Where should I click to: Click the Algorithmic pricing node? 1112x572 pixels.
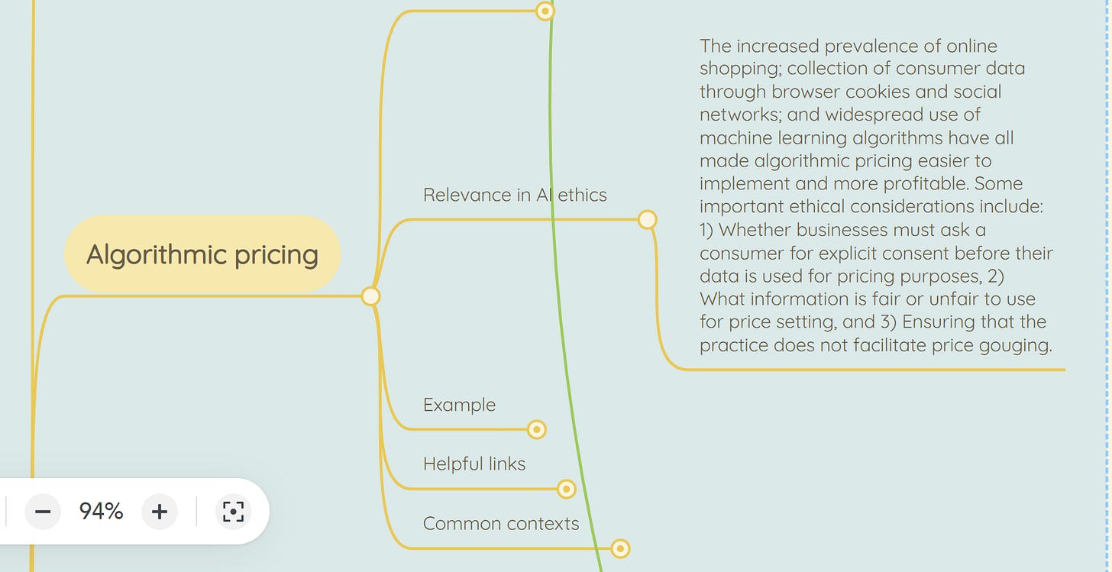pyautogui.click(x=202, y=254)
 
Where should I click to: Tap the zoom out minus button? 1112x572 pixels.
pyautogui.click(x=43, y=511)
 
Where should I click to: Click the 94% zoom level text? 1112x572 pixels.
pyautogui.click(x=101, y=511)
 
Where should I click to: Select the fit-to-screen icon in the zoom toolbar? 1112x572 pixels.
pyautogui.click(x=234, y=511)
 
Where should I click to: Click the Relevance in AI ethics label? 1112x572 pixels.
pyautogui.click(x=514, y=195)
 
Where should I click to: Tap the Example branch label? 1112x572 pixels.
pyautogui.click(x=459, y=405)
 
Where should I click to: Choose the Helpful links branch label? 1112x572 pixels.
pyautogui.click(x=474, y=464)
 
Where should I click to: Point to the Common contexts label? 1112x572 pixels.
pyautogui.click(x=500, y=523)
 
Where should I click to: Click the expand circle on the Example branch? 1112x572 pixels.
pyautogui.click(x=537, y=430)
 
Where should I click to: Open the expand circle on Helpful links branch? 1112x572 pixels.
pyautogui.click(x=566, y=489)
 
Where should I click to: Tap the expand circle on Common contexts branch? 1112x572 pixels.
pyautogui.click(x=620, y=548)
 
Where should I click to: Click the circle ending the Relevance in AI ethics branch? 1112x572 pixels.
pyautogui.click(x=647, y=220)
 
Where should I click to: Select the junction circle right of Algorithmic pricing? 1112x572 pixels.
pyautogui.click(x=370, y=296)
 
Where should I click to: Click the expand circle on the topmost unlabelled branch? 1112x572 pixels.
pyautogui.click(x=545, y=11)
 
